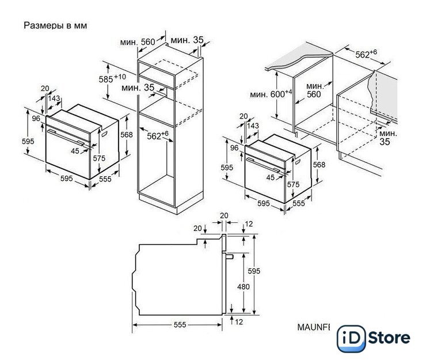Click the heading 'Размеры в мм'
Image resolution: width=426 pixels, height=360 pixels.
pyautogui.click(x=55, y=25)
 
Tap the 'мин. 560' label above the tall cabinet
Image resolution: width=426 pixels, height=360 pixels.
pyautogui.click(x=138, y=42)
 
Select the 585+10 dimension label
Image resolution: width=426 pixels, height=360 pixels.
pyautogui.click(x=112, y=78)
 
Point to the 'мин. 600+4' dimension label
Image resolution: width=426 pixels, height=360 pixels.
pyautogui.click(x=271, y=94)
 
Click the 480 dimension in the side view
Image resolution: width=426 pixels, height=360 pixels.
pyautogui.click(x=244, y=286)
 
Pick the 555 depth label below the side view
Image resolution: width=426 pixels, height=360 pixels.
pyautogui.click(x=180, y=325)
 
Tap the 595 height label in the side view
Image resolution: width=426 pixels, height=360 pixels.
pyautogui.click(x=254, y=271)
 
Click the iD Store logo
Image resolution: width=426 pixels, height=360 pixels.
pyautogui.click(x=374, y=339)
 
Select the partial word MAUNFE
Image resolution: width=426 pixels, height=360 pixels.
pyautogui.click(x=314, y=327)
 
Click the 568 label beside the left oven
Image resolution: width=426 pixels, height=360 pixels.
pyautogui.click(x=127, y=135)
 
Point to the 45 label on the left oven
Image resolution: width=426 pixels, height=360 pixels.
pyautogui.click(x=75, y=151)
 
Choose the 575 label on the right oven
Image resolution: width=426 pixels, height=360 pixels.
pyautogui.click(x=293, y=185)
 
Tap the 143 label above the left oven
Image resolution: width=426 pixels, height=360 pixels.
pyautogui.click(x=54, y=98)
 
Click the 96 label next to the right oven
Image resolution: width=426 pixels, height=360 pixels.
pyautogui.click(x=234, y=147)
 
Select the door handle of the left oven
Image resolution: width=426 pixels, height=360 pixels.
pyautogui.click(x=66, y=137)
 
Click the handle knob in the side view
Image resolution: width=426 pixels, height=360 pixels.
pyautogui.click(x=229, y=256)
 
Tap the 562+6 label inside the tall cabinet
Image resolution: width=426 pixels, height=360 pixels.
pyautogui.click(x=158, y=135)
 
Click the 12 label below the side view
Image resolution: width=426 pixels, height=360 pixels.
pyautogui.click(x=239, y=322)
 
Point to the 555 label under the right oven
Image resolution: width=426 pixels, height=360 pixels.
pyautogui.click(x=299, y=203)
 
